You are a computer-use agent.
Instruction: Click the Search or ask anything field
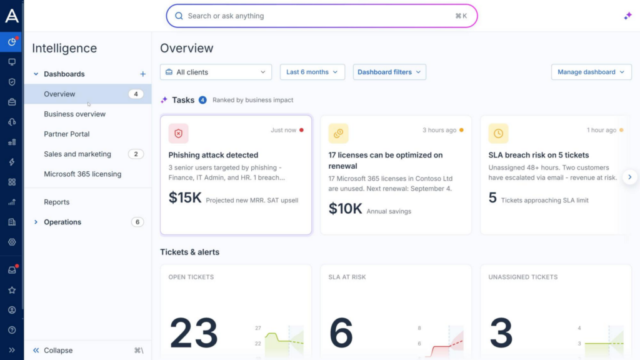322,16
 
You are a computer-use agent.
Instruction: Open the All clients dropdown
216,72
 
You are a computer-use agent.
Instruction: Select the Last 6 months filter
312,72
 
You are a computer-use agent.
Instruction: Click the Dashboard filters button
389,72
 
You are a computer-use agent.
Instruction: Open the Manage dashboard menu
591,72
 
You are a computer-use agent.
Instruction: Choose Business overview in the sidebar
75,114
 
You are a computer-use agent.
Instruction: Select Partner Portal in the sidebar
66,134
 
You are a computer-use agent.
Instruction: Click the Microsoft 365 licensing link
82,174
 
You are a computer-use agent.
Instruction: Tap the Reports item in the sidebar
57,202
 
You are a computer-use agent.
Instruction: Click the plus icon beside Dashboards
143,74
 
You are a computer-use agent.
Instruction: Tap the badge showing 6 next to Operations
137,222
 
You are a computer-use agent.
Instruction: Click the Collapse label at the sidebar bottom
58,350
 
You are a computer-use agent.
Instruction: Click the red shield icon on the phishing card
178,134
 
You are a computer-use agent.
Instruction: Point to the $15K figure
185,197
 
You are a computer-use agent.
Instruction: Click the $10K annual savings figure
345,209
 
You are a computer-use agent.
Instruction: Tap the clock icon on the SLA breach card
498,134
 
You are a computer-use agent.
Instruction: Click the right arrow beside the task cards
630,177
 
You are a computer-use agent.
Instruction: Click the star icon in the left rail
12,290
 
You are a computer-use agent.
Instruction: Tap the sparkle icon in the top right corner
627,16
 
